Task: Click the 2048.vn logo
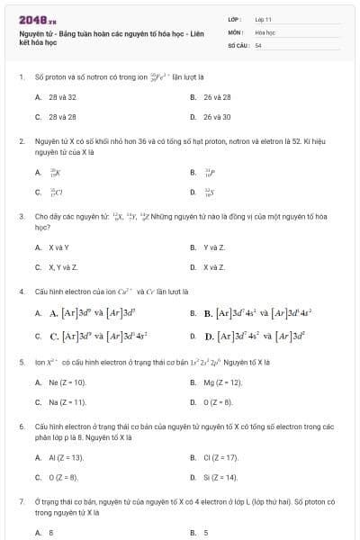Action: pyautogui.click(x=31, y=19)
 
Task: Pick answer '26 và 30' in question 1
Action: pyautogui.click(x=217, y=116)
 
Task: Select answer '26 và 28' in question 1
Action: pyautogui.click(x=217, y=96)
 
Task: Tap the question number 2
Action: pyautogui.click(x=21, y=141)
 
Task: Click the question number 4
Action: pyautogui.click(x=21, y=292)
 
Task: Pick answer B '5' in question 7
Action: pyautogui.click(x=206, y=532)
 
